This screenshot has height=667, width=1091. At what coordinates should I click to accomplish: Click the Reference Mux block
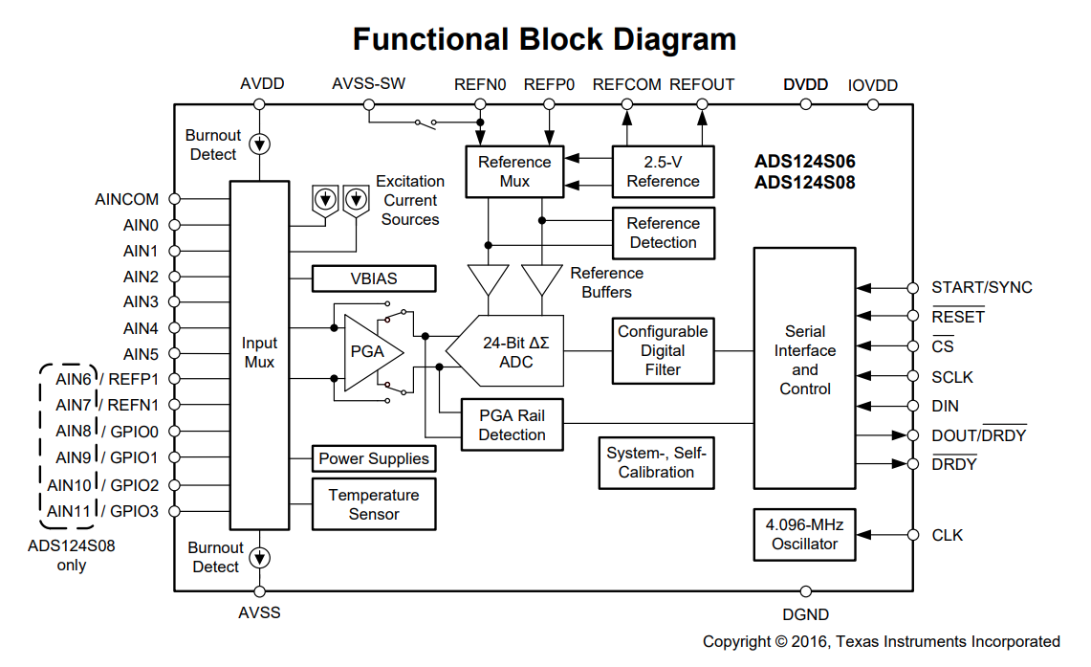tap(514, 171)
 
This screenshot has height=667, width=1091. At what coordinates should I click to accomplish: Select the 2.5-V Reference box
tap(663, 171)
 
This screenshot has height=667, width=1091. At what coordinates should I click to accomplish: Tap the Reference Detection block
tap(663, 233)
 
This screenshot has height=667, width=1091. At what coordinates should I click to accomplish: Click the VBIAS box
tap(374, 278)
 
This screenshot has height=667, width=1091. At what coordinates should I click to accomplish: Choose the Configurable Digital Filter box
tap(663, 350)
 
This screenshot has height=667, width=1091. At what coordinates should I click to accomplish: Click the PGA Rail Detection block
tap(512, 425)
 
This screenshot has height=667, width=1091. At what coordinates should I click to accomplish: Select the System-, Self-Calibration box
tap(656, 462)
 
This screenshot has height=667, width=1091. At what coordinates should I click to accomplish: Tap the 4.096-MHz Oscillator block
tap(804, 534)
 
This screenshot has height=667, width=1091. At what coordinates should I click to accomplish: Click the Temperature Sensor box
tap(374, 504)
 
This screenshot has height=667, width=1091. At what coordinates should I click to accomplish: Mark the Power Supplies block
tap(374, 458)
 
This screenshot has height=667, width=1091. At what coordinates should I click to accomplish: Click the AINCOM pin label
tap(127, 200)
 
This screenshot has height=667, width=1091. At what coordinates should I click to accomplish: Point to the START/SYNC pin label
tap(981, 287)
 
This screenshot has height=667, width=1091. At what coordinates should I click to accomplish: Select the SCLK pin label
tap(952, 377)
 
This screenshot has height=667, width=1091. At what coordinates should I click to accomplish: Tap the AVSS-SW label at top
tap(368, 84)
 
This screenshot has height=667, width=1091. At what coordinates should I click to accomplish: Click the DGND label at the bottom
tap(805, 614)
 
